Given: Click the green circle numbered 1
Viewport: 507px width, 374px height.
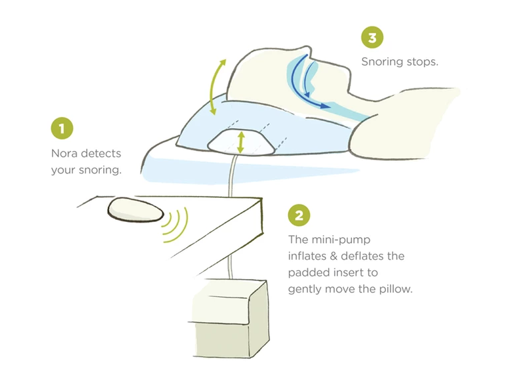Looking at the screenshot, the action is (x=62, y=128).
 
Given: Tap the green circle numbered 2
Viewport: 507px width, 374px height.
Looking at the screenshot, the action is (x=299, y=215).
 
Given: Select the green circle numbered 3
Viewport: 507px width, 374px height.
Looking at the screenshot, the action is (x=372, y=37).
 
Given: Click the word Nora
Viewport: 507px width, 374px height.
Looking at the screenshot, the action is (x=65, y=153).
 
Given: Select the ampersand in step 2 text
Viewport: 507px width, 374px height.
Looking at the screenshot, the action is (x=333, y=256).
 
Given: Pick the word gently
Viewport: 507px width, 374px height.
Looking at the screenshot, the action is (x=305, y=289).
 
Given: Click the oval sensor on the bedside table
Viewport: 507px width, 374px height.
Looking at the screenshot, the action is (x=136, y=210).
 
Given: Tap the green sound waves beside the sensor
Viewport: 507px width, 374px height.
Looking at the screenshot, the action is (x=174, y=225).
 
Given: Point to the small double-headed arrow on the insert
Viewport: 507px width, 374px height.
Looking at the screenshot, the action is (x=240, y=142).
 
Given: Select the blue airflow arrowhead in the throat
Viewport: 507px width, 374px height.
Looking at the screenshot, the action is (x=324, y=106).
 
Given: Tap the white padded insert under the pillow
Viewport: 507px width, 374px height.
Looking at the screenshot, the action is (x=241, y=143).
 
